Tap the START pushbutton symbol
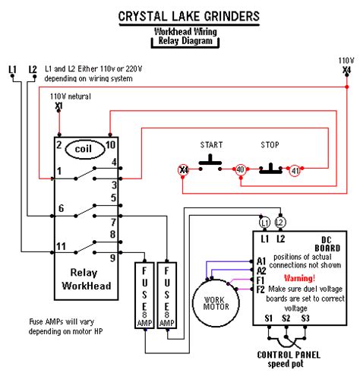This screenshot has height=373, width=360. [x=210, y=163]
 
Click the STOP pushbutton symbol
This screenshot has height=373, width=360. [x=270, y=169]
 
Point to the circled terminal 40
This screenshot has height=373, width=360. [x=240, y=169]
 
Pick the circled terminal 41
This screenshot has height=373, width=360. [x=295, y=171]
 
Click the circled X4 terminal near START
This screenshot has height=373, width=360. [x=183, y=169]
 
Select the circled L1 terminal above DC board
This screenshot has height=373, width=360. [x=264, y=223]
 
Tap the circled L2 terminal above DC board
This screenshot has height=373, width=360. [x=280, y=223]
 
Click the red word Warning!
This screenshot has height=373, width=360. [x=299, y=278]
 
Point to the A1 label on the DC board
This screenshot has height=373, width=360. [x=261, y=261]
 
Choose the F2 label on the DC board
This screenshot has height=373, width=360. [x=261, y=289]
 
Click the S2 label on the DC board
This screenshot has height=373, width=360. [x=286, y=318]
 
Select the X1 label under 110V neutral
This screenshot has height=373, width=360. [x=58, y=106]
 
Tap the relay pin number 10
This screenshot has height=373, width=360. [x=111, y=145]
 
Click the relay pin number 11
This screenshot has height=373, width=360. [x=61, y=246]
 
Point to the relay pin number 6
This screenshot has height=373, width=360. [x=61, y=208]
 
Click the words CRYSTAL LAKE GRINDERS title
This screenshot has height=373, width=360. [x=189, y=17]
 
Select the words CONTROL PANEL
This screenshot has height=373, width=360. [x=289, y=355]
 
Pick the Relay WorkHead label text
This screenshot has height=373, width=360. [x=87, y=280]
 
